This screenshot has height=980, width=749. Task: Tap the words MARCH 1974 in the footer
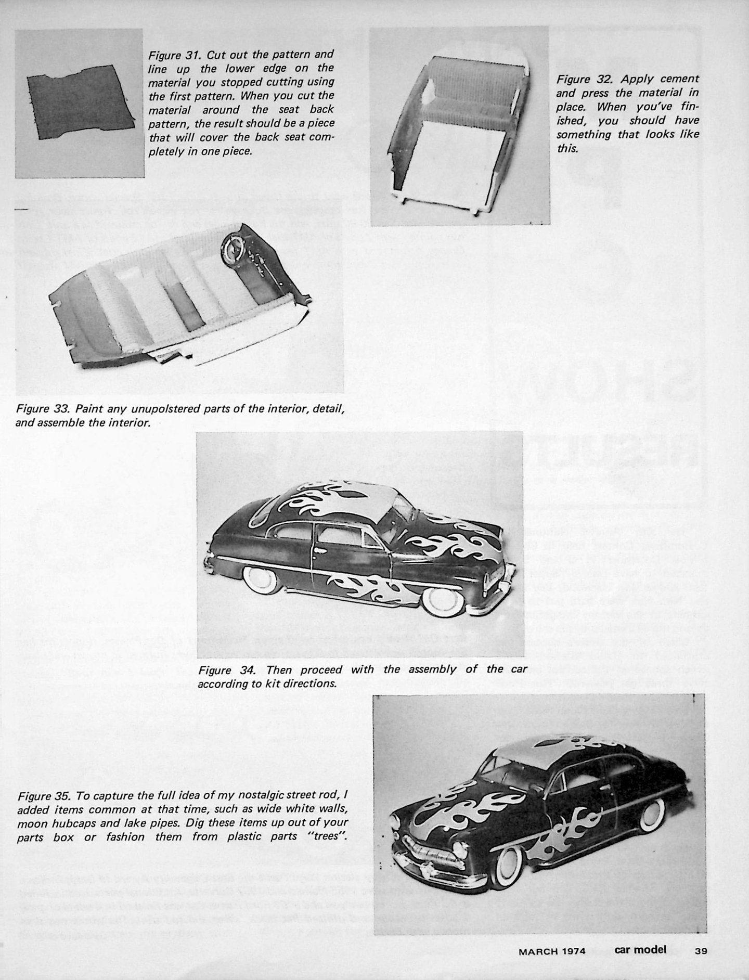point(552,951)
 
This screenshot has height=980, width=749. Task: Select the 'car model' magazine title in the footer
point(640,949)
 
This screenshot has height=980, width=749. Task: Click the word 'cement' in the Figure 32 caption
point(680,80)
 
